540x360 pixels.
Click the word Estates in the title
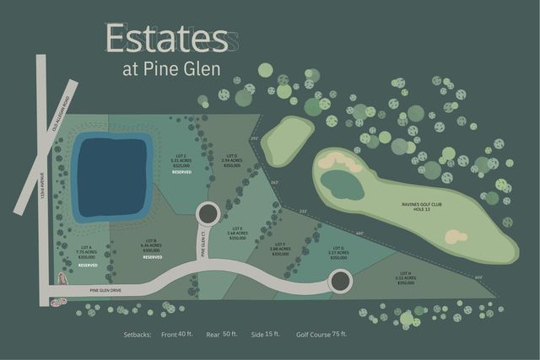pos(166,40)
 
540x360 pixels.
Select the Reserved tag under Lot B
pos(152,257)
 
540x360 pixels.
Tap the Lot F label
pos(280,249)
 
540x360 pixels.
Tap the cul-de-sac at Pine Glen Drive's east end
pos(339,282)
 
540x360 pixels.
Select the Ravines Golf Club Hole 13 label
pos(423,207)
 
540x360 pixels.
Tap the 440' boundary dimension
pos(359,234)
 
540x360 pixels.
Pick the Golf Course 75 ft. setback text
pos(321,334)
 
